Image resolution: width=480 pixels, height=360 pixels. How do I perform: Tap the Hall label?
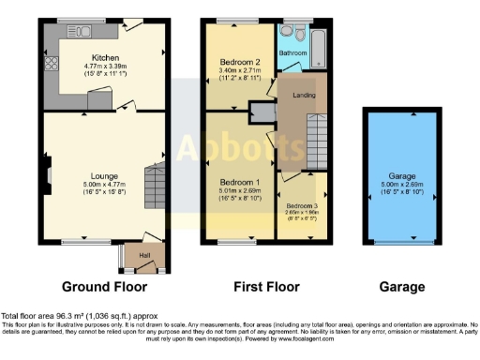pos(145,254)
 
